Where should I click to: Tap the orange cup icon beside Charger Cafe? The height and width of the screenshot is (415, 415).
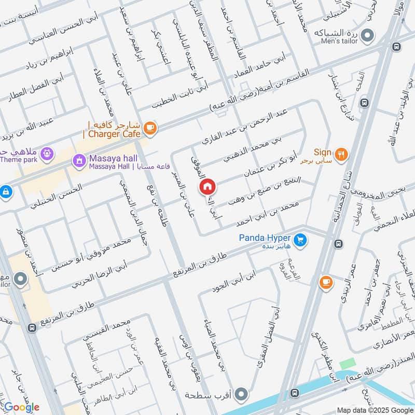[x=150, y=128]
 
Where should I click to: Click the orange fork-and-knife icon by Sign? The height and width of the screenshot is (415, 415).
[x=341, y=154]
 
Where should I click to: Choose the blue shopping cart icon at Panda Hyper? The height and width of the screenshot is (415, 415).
[x=299, y=240]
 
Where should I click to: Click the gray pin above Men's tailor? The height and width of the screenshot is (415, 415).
[x=368, y=35]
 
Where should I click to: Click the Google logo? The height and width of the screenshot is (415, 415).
[x=21, y=407]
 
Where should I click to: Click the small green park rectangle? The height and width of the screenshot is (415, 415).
[x=348, y=364]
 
